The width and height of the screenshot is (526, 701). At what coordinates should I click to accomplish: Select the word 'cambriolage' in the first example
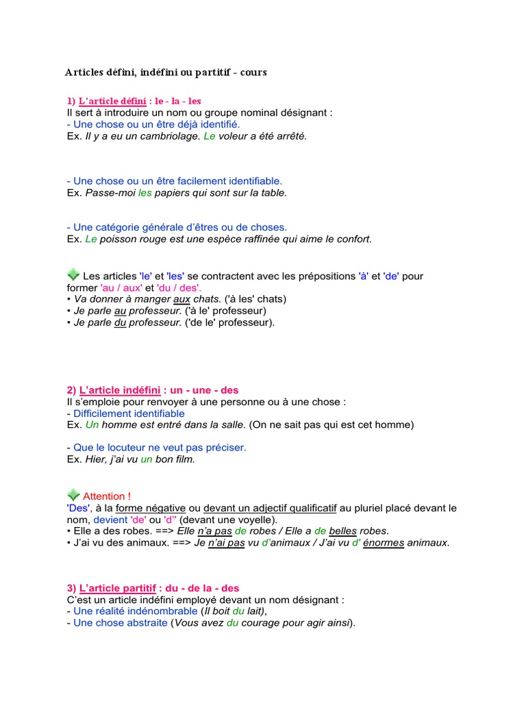pos(172,136)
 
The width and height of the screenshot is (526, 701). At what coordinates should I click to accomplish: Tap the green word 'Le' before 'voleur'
pos(210,136)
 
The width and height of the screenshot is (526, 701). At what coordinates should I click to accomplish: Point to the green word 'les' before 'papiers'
pos(145,192)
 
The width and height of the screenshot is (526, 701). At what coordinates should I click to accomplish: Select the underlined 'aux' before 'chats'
pos(181,299)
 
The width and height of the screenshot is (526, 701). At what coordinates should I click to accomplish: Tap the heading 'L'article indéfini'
pos(121,390)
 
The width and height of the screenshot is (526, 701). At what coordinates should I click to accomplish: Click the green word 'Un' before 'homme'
pos(92,424)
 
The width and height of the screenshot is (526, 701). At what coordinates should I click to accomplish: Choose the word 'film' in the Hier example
pos(185,459)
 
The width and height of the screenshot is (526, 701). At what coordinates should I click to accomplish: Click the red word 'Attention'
pos(103,496)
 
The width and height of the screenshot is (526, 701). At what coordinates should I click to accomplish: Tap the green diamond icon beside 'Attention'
pos(73,494)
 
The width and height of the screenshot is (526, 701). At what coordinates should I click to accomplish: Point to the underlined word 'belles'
pos(343,531)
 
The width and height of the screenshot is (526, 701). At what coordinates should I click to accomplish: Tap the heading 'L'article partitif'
pos(118,588)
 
